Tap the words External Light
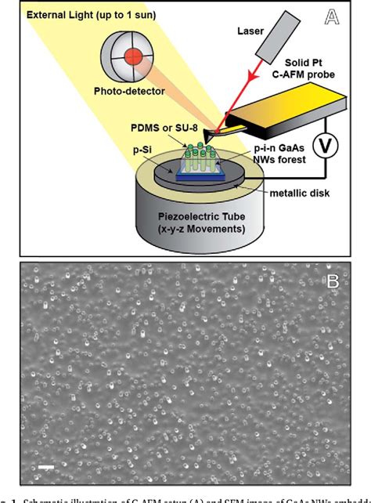(62, 16)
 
